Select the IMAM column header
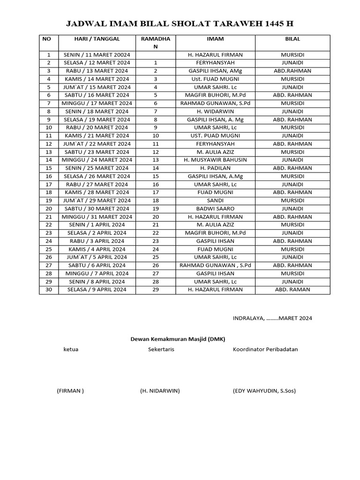[x=215, y=39]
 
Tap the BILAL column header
[x=292, y=39]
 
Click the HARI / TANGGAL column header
[x=97, y=39]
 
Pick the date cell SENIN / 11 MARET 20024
[x=97, y=55]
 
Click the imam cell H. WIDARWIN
[x=215, y=112]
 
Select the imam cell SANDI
[x=215, y=201]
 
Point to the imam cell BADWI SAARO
[x=215, y=209]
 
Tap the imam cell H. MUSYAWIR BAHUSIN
[x=215, y=160]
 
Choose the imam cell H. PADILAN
[x=215, y=168]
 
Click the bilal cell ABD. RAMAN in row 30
[x=292, y=290]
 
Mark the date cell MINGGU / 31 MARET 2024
[x=97, y=217]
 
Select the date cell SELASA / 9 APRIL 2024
[x=97, y=290]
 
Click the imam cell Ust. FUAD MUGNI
[x=215, y=79]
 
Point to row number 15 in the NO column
[x=48, y=168]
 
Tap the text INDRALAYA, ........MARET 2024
[x=272, y=318]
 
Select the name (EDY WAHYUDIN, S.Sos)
[x=264, y=390]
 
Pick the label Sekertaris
[x=161, y=349]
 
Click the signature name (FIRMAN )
[x=70, y=390]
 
